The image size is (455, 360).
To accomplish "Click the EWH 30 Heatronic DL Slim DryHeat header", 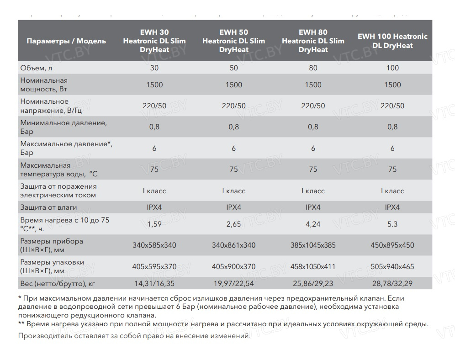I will pos(154,41).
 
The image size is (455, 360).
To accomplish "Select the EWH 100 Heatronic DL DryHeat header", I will pos(392,41).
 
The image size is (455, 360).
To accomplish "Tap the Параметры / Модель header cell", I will pos(66,41).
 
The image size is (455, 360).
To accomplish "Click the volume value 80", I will pos(313,68).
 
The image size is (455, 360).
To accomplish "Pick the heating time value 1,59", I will pos(154,224).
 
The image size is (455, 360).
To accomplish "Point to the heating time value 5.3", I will pos(392,224).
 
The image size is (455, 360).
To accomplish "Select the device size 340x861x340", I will pos(233,245).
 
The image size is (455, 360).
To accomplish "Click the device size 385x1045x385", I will pos(313,245).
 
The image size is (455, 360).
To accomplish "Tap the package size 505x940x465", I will pos(392,267).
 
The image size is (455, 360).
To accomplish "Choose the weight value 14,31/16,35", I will pos(154,284).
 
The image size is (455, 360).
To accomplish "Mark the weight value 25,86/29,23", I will pos(313,284).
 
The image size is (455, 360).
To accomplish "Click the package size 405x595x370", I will pos(154,267).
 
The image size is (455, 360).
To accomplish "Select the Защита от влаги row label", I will pos(48,207).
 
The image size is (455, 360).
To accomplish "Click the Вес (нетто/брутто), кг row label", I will pos(58,284).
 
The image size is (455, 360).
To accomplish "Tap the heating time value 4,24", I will pos(313,224).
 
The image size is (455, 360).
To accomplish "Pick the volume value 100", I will pos(392,68).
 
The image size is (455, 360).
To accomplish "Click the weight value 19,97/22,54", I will pos(233,284).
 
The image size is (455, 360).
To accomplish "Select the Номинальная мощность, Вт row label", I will pos(44,85).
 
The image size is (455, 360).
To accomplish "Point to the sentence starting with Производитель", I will pos(134,336).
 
